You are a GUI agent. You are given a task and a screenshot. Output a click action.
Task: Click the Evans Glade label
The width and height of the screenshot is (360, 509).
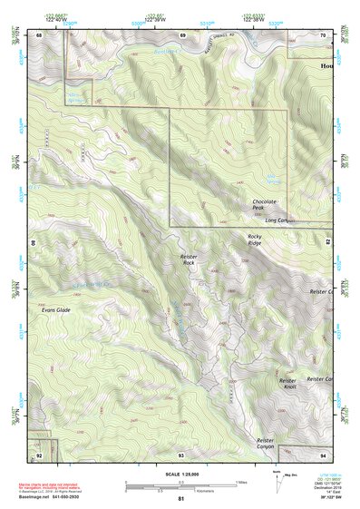pos(55,310)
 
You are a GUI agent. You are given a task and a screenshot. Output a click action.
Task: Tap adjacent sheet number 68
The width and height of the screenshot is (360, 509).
pos(40,34)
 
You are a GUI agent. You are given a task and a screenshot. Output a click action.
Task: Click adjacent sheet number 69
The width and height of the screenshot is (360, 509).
pos(182,34)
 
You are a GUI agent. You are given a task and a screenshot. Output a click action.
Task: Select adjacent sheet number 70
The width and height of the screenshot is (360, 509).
pos(324,34)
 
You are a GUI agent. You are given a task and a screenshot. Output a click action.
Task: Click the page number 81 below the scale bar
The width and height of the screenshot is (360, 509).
pos(181,499)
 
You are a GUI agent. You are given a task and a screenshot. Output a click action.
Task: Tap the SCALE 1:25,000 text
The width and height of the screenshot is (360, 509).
pos(181,475)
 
